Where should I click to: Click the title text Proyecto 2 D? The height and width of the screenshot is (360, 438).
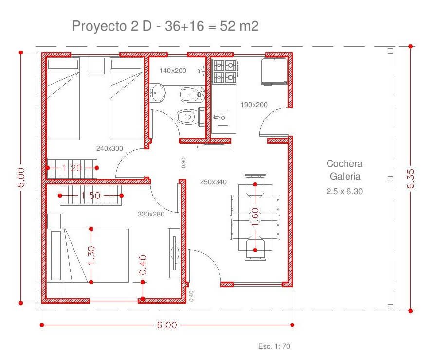[112, 26]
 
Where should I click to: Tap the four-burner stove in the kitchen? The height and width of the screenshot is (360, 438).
[225, 72]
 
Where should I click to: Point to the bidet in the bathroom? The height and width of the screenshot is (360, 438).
[193, 94]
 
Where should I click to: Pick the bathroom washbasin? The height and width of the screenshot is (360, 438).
[157, 92]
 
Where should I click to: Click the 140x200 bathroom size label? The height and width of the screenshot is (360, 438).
[173, 71]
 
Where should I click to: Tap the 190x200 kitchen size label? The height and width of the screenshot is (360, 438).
[254, 105]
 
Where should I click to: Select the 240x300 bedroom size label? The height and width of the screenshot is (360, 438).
[109, 148]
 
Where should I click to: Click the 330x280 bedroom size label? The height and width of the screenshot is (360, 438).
[151, 214]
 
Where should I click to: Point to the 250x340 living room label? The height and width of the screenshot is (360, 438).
[213, 182]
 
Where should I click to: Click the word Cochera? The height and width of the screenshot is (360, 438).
[345, 163]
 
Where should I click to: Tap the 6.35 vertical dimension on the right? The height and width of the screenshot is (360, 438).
[411, 179]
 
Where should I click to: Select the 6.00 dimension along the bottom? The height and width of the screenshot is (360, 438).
[167, 325]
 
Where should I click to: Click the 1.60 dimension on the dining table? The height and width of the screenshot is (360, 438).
[255, 217]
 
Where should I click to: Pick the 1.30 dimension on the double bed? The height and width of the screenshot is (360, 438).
[91, 255]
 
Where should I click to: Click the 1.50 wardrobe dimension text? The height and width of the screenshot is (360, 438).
[91, 195]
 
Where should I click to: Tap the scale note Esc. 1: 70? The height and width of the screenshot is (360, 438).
[274, 346]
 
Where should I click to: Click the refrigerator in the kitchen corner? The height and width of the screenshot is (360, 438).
[274, 71]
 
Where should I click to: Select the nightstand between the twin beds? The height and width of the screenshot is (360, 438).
[96, 66]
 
